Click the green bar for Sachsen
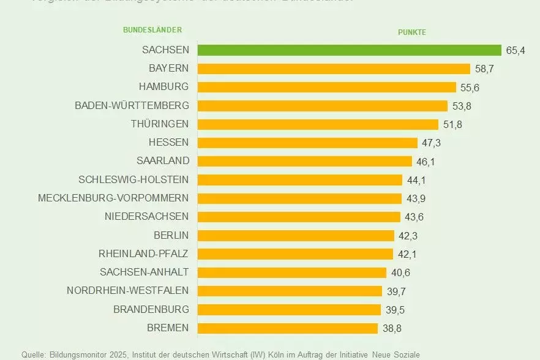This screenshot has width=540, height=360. pos(349,50)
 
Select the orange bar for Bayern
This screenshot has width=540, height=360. pos(334,69)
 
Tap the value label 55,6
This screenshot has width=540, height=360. pos(469,88)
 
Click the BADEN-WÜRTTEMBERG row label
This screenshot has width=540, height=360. pos(132,106)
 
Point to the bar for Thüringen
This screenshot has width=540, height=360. pos(318,124)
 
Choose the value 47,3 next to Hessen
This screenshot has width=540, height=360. pos(430,143)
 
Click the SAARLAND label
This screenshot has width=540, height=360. pos(163,161)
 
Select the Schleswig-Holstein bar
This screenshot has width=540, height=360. pos(300,180)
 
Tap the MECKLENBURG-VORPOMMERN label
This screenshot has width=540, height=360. pos(113,198)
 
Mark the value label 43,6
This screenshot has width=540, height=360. pos(413,217)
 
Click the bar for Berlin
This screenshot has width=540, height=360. pos(296,236)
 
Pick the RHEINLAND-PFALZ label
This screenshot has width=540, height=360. pos(144,253)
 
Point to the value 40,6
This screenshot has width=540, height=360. pos(399,272)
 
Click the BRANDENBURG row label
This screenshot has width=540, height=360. pos(151,309)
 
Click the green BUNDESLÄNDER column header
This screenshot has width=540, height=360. pos(152,30)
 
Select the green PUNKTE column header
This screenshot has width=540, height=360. pos(412,32)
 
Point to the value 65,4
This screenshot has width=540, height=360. pos(516,50)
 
